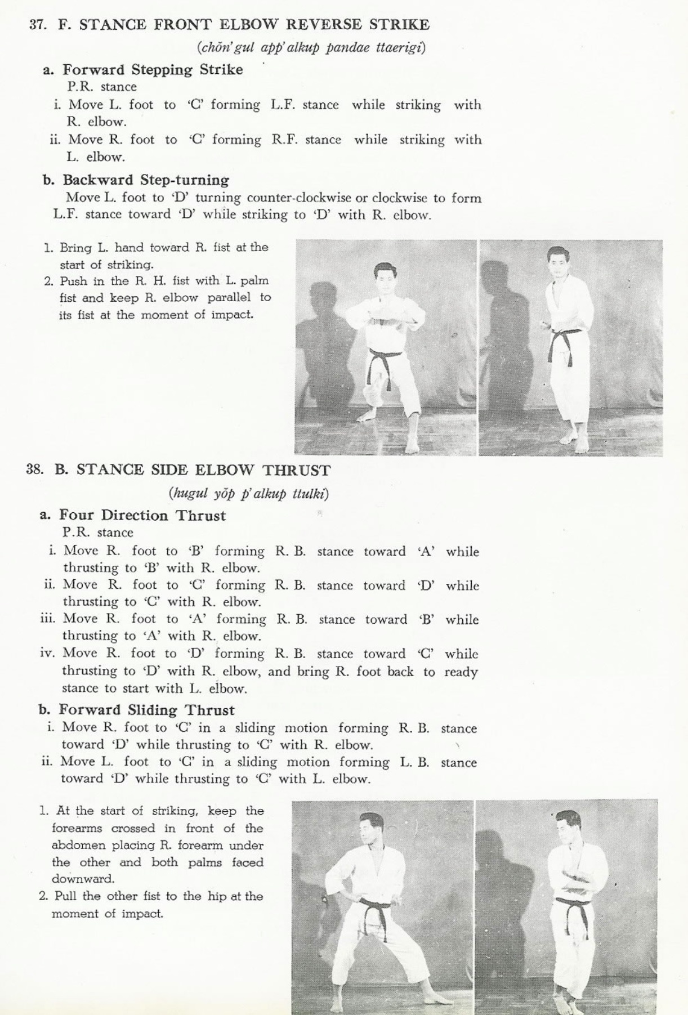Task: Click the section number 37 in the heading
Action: click(38, 25)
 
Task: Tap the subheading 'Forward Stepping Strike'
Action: click(153, 70)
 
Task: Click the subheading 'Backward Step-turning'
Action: click(146, 180)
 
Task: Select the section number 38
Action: click(34, 470)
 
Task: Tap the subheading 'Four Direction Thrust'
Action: click(142, 516)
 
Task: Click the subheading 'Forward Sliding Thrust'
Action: click(146, 710)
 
